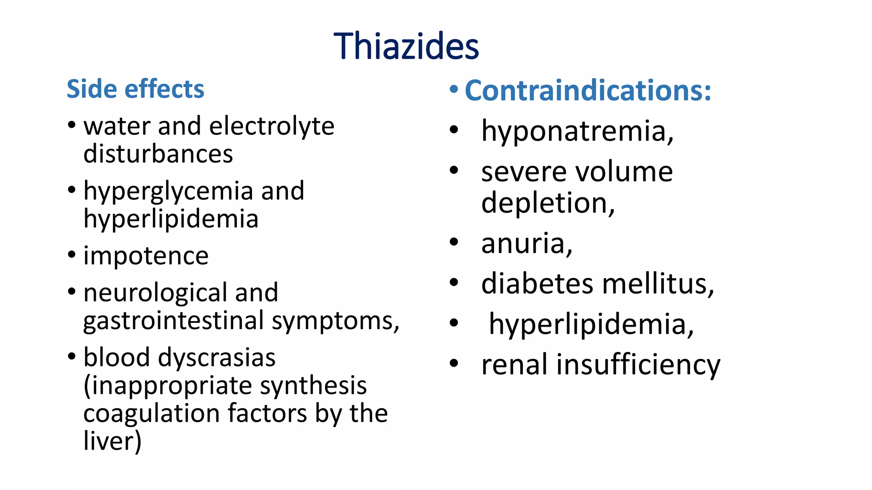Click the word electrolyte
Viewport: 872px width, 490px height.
(272, 126)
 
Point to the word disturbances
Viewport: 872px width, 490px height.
(158, 154)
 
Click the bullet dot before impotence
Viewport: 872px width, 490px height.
(72, 255)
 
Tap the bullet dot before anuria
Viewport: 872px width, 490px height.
(454, 242)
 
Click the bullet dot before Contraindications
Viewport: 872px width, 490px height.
(454, 89)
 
